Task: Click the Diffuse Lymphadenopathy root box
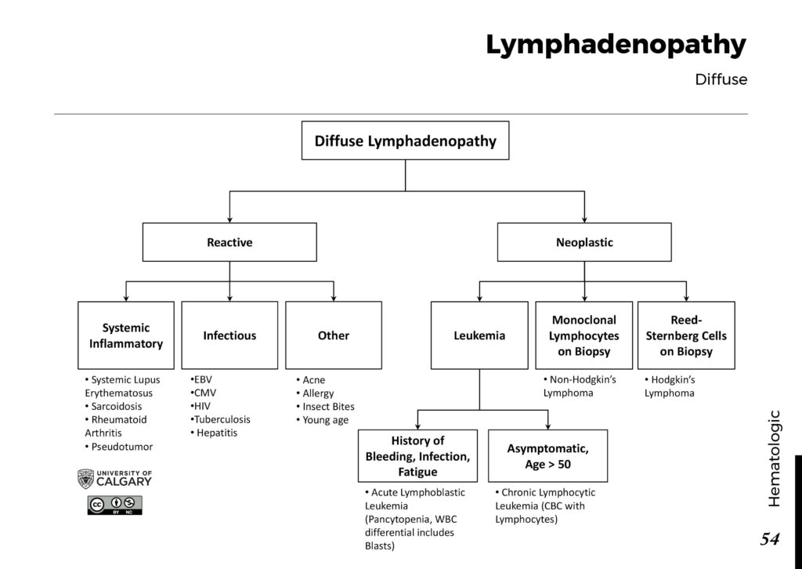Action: [405, 141]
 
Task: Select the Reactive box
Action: [229, 242]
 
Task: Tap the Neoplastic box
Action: [584, 242]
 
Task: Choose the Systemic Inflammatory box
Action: [126, 335]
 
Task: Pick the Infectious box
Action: [229, 335]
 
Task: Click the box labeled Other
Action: [334, 335]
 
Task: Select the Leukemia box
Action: [479, 335]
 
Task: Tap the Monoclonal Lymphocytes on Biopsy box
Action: [584, 335]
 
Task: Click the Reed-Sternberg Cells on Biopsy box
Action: [686, 335]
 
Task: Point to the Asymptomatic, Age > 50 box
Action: [547, 455]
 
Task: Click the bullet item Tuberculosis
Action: [222, 419]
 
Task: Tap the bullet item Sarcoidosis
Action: [117, 406]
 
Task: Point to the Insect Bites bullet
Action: [328, 406]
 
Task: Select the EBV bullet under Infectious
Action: [202, 379]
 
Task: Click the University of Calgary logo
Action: [114, 478]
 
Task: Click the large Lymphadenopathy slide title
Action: [616, 45]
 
